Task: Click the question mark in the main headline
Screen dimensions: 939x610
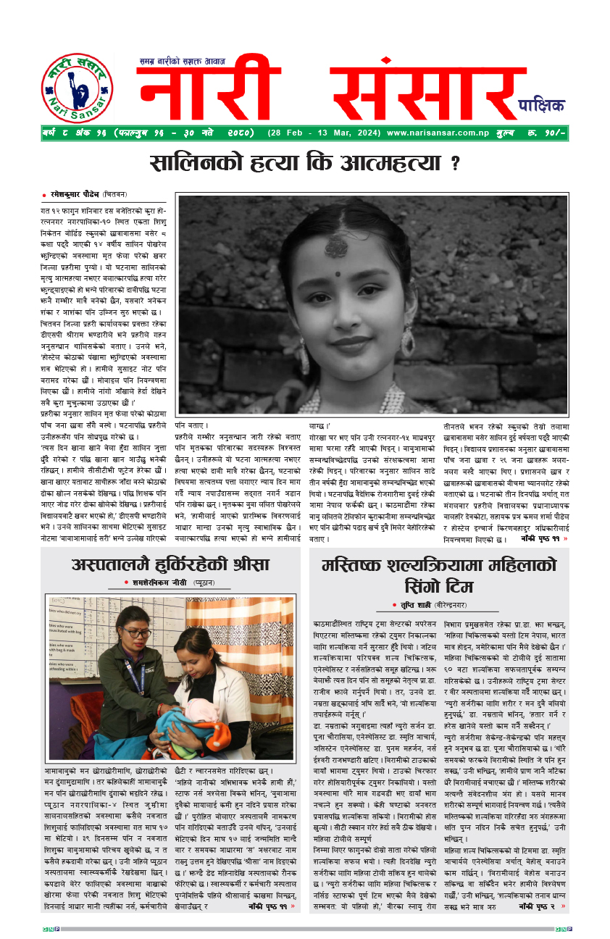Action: tap(455, 163)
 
